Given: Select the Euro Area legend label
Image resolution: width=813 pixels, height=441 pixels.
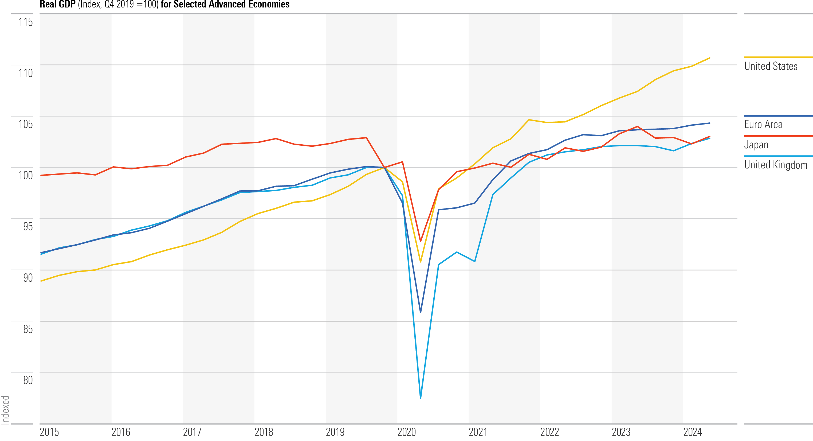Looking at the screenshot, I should point(763,125).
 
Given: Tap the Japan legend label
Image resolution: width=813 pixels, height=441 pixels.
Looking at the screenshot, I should point(756,145).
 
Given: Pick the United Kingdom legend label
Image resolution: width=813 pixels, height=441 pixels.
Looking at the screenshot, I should point(775,165).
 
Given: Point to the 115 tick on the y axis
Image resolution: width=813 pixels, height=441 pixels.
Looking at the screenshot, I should point(26,22).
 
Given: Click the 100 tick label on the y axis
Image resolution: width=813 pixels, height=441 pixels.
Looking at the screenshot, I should point(26,175).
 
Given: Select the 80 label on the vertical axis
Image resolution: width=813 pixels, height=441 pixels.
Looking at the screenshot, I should point(28,380).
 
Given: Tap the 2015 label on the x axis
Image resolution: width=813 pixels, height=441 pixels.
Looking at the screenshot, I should point(49,432).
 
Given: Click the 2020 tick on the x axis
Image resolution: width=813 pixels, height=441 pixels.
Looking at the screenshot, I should point(406,432).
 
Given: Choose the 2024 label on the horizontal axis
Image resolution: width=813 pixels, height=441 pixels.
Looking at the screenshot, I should point(692,432).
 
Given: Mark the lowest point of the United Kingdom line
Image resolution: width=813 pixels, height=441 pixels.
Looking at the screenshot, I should point(421,398).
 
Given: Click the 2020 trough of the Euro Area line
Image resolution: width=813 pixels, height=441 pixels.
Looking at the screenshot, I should point(421,312).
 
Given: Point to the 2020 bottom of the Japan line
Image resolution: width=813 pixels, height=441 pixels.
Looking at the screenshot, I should point(421,241).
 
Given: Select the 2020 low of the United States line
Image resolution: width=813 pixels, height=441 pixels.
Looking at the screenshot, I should point(421,262).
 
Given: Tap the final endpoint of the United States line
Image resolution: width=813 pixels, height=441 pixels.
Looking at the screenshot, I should point(709,58).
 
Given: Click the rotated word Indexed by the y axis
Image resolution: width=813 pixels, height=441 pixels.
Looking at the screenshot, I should point(5,410).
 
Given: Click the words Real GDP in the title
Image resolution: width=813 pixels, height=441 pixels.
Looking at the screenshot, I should point(57,5).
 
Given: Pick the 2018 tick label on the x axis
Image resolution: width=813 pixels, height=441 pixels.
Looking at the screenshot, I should point(264,432).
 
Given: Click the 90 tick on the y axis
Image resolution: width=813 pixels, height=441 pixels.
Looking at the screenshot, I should point(28,278).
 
